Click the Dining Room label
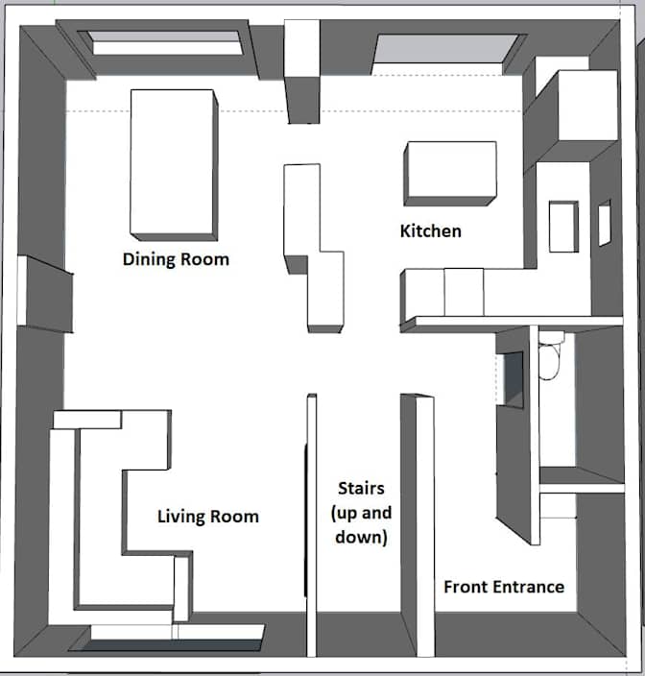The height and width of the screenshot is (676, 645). (176, 259)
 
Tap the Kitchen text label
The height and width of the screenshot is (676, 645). (430, 230)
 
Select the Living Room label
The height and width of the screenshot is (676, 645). (207, 517)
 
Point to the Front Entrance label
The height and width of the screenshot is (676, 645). (503, 587)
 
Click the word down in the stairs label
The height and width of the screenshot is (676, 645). (361, 537)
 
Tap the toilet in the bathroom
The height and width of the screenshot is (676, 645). (551, 360)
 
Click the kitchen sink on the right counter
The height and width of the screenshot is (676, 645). (562, 226)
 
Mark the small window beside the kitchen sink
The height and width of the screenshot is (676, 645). (604, 223)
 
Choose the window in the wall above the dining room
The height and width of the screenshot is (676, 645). (165, 42)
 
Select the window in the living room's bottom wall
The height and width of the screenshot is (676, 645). (173, 633)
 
